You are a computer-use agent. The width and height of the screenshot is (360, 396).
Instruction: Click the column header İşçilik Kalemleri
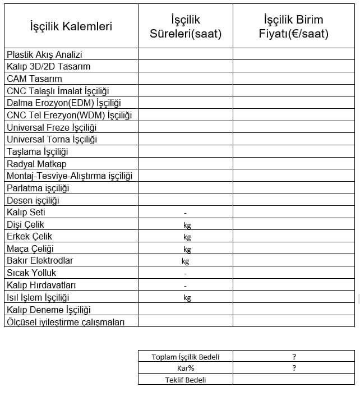tap(71, 26)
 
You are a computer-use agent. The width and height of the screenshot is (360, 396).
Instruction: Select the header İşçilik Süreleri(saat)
tap(186, 27)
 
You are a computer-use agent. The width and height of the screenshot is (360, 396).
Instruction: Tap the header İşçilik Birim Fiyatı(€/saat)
tap(293, 27)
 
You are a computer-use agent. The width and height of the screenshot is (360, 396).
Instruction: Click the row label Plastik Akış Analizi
tap(44, 54)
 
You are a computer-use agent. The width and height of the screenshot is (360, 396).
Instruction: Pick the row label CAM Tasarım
tap(34, 79)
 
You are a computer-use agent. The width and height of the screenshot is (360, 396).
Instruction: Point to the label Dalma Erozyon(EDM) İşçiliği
tap(63, 103)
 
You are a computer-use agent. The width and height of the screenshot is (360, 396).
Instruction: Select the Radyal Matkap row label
tap(36, 164)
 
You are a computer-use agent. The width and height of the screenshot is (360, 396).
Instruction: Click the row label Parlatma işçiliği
tap(38, 188)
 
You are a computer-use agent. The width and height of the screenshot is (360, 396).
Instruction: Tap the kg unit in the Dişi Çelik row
tap(187, 225)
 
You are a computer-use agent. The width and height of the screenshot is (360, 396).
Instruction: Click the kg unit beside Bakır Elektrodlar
tap(185, 261)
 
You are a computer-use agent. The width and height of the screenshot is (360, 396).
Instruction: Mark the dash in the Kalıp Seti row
tap(185, 213)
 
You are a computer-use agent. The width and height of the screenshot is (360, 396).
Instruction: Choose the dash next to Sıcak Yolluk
tap(185, 274)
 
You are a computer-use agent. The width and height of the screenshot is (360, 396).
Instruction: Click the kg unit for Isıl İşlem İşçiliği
tap(187, 298)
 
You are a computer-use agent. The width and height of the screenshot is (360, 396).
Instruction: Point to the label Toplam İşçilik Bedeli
tap(186, 357)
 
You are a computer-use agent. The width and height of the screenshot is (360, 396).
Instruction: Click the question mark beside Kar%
tap(294, 369)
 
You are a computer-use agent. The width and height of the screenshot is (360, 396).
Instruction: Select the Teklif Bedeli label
tap(186, 380)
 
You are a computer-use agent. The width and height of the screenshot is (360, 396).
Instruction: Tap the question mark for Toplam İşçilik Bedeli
tap(294, 357)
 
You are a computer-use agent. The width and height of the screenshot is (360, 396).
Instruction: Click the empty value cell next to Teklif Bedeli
tap(294, 380)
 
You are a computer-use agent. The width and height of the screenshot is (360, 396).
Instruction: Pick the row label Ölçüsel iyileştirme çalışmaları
tap(66, 322)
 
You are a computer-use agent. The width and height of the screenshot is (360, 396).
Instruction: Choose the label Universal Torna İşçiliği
tap(52, 139)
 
